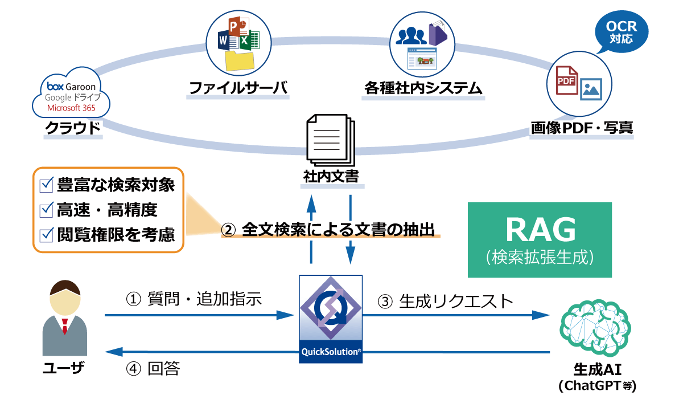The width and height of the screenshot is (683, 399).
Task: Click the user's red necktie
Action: click(64, 326)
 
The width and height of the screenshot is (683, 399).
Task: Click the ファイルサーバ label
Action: click(237, 88)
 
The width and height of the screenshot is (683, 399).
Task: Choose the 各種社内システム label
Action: click(423, 88)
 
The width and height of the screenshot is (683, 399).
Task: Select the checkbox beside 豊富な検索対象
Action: click(46, 185)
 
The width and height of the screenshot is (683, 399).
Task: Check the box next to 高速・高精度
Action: click(46, 210)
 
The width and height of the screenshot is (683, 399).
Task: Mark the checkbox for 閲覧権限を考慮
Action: click(46, 234)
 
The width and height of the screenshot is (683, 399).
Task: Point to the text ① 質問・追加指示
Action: click(194, 299)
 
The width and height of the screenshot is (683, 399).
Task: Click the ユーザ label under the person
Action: click(64, 369)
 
